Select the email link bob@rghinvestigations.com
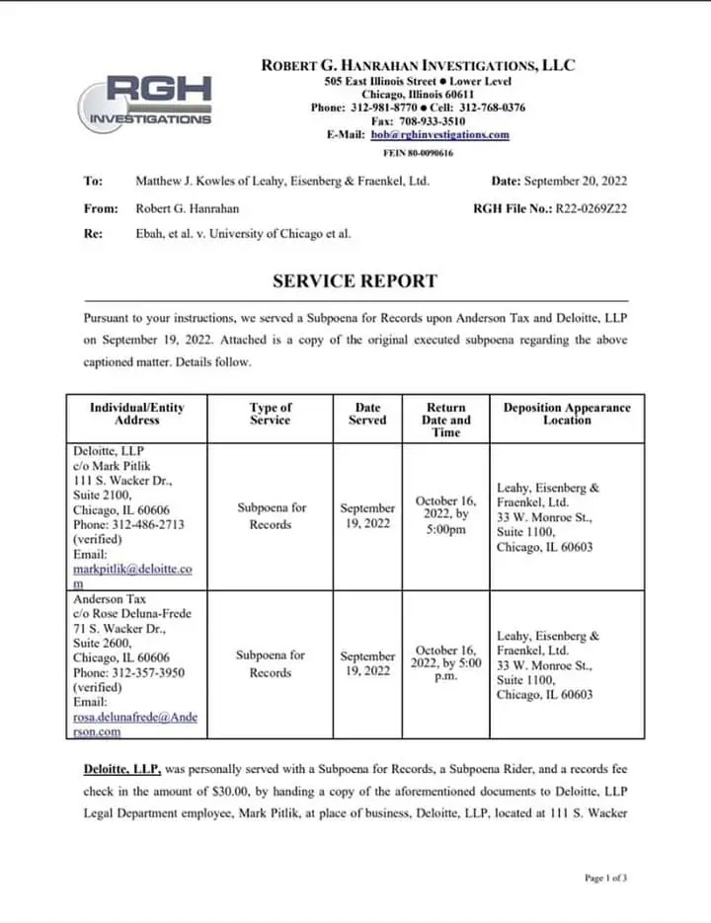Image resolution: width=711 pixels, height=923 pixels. coord(439,135)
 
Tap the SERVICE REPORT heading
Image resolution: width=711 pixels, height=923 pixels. coord(355,281)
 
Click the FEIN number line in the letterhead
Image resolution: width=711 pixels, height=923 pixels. coord(418,153)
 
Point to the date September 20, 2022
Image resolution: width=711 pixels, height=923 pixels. coord(575,181)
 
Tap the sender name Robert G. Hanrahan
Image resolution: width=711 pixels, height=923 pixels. coord(187,208)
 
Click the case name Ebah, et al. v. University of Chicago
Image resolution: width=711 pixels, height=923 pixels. coord(242,234)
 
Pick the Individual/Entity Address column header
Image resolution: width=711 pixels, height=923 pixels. coord(136,414)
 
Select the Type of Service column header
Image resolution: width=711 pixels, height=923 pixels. coord(271,414)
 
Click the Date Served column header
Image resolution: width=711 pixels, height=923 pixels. coord(367,414)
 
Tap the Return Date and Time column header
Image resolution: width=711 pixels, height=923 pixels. coord(445,420)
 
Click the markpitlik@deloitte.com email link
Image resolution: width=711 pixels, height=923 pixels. coord(132,577)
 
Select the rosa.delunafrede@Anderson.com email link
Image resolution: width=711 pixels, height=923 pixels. coord(134,725)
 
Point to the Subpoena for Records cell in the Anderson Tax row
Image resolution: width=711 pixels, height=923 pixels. coord(271,663)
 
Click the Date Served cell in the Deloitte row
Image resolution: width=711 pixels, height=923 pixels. coord(367,515)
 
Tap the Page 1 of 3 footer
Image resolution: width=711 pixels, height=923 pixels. coord(605,878)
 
